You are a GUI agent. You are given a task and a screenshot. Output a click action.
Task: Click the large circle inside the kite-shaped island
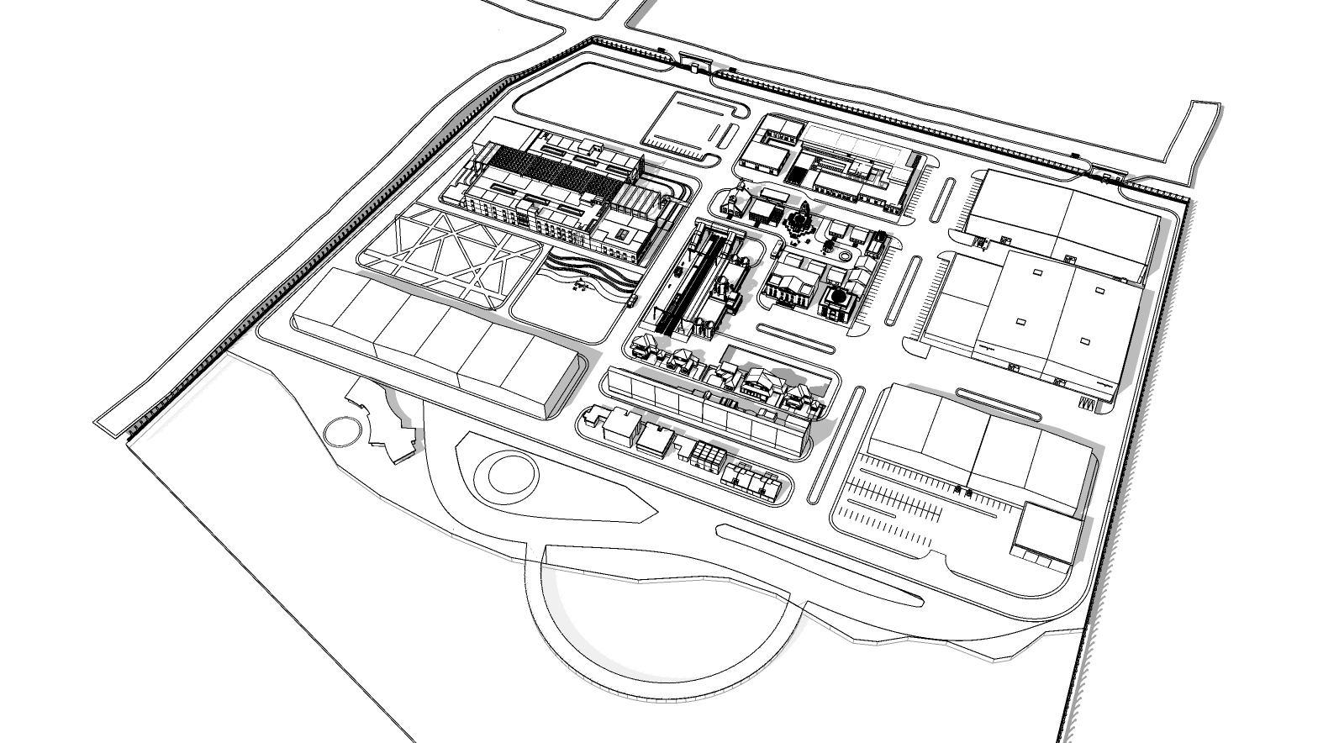[506, 475]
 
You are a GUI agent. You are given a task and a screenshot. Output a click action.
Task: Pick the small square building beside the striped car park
[1047, 532]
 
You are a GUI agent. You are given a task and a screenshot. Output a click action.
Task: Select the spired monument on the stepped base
[797, 220]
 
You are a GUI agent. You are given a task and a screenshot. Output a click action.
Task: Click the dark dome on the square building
[837, 297]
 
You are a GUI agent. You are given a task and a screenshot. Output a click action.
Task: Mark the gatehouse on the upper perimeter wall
[694, 61]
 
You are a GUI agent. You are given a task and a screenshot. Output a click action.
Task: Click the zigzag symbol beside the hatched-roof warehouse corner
[1089, 404]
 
